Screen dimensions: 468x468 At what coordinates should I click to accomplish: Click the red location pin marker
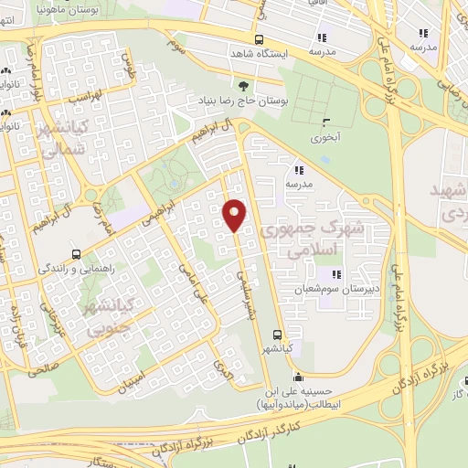click(235, 214)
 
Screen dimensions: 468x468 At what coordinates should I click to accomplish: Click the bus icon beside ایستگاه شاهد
click(260, 39)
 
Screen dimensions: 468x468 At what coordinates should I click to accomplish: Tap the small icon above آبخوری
click(326, 123)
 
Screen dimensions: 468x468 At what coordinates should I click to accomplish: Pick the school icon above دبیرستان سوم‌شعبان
click(336, 274)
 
